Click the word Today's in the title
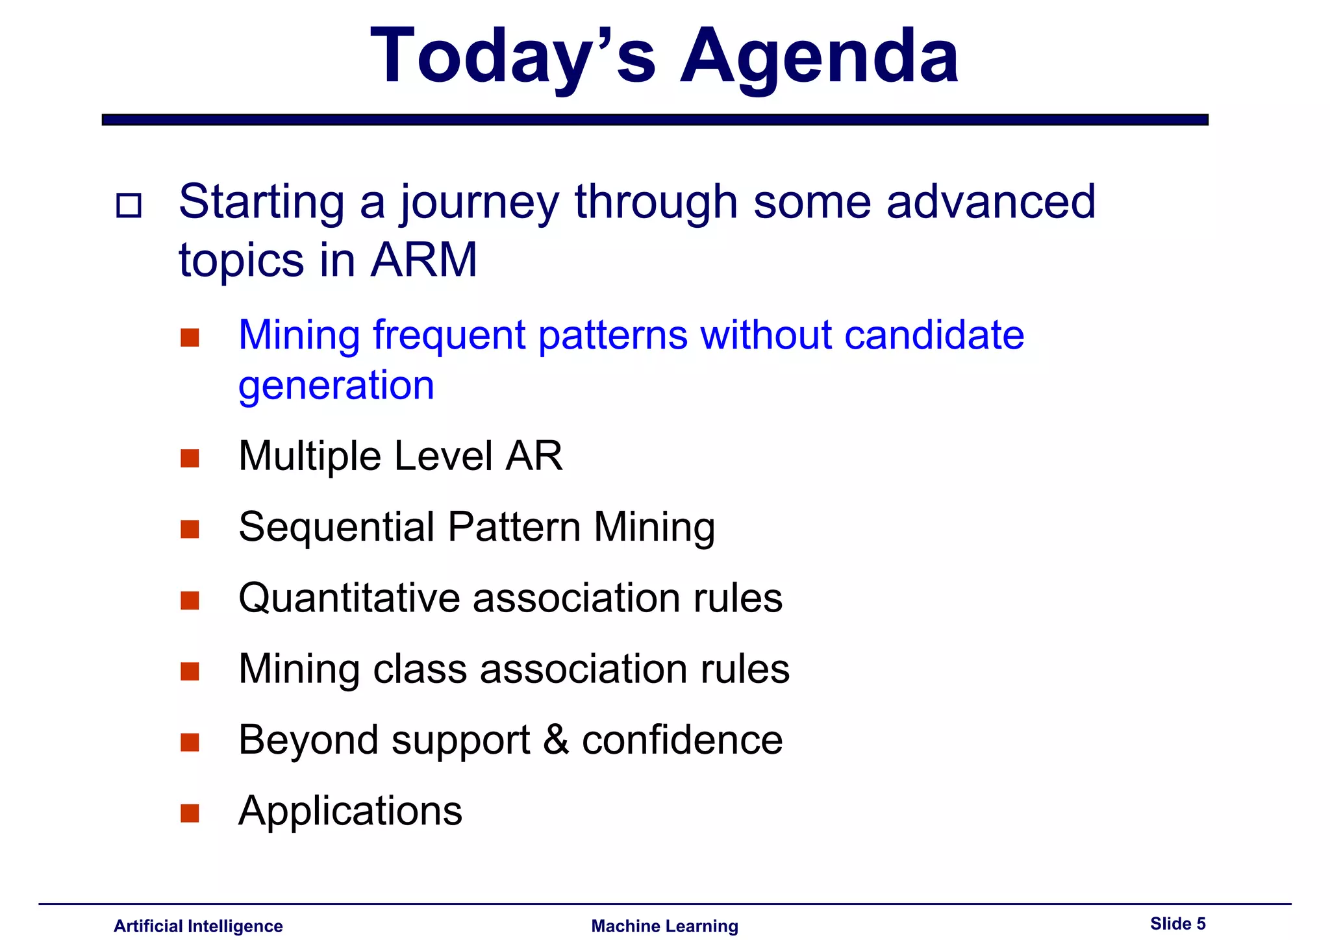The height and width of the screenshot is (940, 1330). (513, 57)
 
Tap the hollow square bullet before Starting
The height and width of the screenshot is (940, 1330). (129, 206)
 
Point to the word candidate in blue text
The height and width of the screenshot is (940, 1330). (934, 335)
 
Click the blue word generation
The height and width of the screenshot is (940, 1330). (336, 386)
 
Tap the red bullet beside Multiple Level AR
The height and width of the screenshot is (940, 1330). (190, 458)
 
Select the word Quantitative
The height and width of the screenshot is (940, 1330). (349, 598)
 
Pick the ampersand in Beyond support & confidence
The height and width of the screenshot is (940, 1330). (556, 739)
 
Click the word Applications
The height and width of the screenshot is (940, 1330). (350, 811)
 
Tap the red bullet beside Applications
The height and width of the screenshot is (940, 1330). (190, 813)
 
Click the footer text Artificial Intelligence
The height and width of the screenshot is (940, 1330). (198, 926)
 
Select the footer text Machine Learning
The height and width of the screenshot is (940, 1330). (664, 926)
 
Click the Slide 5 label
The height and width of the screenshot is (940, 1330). (1177, 923)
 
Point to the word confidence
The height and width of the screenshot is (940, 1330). (682, 739)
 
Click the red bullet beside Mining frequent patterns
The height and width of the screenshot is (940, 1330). (190, 338)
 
